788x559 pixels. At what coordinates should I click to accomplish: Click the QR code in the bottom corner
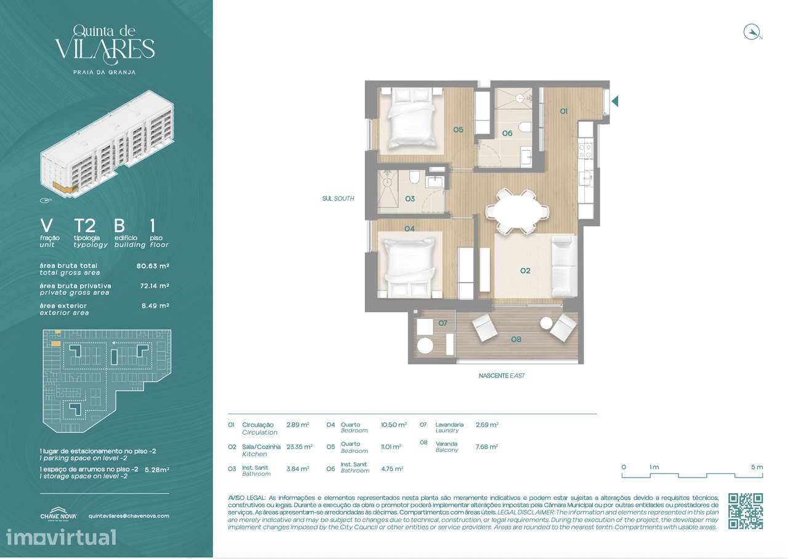(x=746, y=511)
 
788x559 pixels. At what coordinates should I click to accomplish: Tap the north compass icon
(x=752, y=32)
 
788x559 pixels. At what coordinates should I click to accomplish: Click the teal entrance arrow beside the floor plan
(x=614, y=101)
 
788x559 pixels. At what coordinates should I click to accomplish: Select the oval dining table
(x=517, y=211)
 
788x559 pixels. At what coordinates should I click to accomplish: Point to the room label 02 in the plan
(x=525, y=270)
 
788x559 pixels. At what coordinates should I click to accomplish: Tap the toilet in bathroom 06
(x=525, y=127)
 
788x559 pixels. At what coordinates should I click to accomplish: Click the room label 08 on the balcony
(x=516, y=339)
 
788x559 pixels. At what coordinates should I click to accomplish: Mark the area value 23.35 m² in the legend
(x=299, y=447)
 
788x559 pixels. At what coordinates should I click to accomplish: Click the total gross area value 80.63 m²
(x=153, y=266)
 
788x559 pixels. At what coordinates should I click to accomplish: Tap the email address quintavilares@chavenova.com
(x=129, y=516)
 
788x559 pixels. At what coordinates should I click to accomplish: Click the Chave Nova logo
(x=58, y=516)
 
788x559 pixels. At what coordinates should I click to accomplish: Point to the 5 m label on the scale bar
(x=757, y=467)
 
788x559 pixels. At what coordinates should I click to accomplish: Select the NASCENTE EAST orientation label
(x=502, y=376)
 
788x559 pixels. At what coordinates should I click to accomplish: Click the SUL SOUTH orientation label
(x=338, y=199)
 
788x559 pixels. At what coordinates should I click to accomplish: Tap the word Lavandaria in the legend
(x=449, y=424)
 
